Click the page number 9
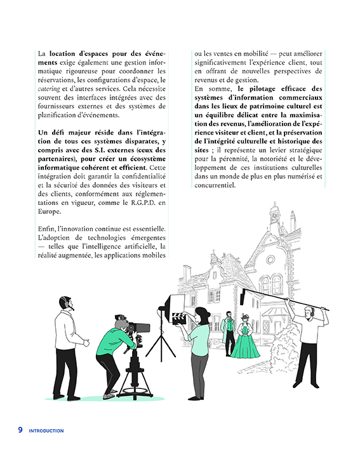point(20,430)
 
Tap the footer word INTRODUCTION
point(46,431)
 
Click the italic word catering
point(49,89)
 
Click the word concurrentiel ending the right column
point(215,185)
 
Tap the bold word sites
point(201,150)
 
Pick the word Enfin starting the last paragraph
point(46,229)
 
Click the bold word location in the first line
point(62,54)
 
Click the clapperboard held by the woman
point(179,319)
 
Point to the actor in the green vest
point(229,333)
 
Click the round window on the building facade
point(270,260)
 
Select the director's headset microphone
point(71,307)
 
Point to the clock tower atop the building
point(274,215)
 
